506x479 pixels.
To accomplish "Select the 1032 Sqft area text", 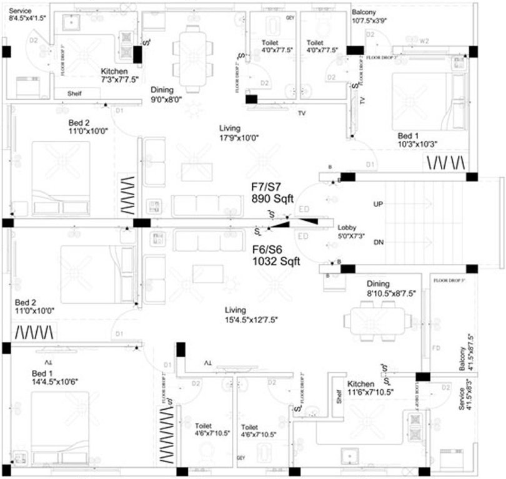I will pos(275,263).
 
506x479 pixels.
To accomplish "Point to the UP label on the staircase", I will pos(378,205).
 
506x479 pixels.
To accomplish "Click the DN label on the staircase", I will pos(378,242).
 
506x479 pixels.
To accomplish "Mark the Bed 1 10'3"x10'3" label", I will pos(418,140).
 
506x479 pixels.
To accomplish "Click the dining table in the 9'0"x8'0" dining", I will pos(193,54).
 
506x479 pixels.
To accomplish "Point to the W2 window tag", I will pos(424,41).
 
